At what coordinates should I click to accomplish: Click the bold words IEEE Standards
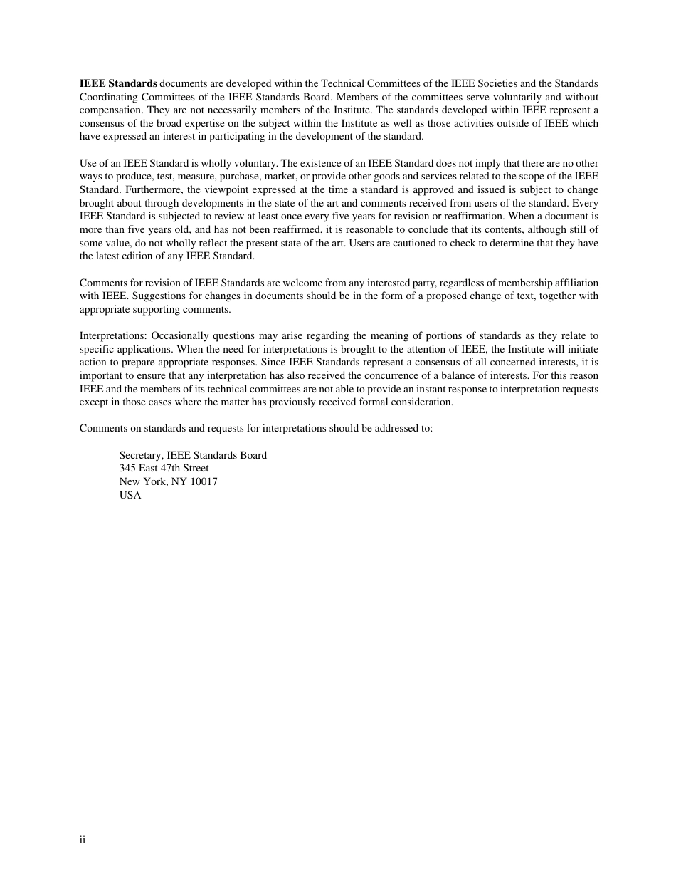118,83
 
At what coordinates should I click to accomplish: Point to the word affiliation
570,283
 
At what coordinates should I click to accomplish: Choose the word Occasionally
179,335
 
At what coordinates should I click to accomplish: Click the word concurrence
354,375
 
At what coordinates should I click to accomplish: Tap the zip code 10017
204,481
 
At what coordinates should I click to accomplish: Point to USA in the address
130,495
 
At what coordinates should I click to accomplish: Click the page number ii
83,840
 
